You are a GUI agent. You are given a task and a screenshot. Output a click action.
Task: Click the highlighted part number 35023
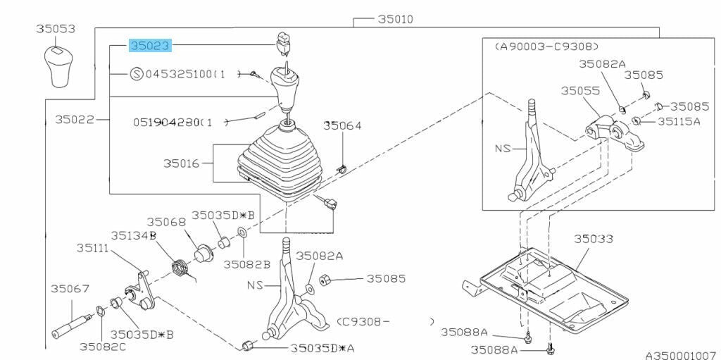[x=151, y=46]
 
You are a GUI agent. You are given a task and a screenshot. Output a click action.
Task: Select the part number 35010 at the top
[x=396, y=19]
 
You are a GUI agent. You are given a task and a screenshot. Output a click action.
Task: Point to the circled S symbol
[x=137, y=74]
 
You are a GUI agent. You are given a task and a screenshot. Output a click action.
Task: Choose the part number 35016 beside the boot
[x=182, y=163]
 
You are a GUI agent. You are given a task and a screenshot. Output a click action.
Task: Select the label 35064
[x=342, y=125]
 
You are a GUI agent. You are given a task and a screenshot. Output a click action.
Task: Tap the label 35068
[x=166, y=223]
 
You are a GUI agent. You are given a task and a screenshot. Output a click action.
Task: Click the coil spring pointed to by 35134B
[x=180, y=268]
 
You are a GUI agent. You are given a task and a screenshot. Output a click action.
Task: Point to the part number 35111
[x=92, y=248]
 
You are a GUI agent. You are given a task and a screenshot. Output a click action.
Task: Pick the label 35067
[x=70, y=289]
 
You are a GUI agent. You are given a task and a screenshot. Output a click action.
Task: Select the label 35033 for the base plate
[x=593, y=239]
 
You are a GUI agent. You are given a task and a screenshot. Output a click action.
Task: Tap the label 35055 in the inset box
[x=580, y=91]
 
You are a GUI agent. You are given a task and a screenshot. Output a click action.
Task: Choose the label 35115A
[x=679, y=122]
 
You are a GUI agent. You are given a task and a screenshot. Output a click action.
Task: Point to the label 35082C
[x=103, y=347]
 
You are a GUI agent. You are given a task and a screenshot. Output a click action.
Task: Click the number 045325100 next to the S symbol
[x=186, y=74]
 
